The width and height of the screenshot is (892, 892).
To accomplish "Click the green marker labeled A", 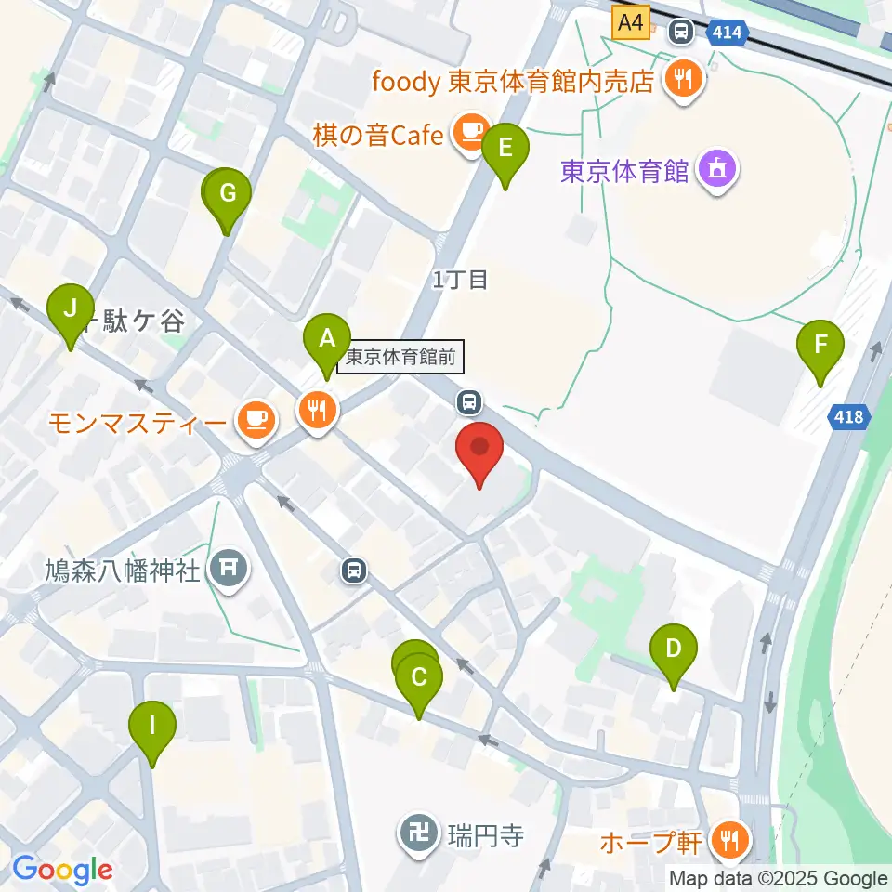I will point(327,339).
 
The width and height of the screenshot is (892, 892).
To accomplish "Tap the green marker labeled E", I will point(505,148).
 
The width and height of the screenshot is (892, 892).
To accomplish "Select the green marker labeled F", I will point(820,345).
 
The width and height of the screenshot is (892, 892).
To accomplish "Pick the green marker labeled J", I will point(71,308).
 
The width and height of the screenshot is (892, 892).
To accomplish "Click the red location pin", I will point(479,449).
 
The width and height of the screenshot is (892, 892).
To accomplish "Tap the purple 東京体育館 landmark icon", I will point(717,170).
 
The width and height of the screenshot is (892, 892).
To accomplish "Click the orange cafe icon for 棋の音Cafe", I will point(471,132).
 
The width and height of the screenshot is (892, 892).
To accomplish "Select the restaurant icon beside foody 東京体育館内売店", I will point(685,80).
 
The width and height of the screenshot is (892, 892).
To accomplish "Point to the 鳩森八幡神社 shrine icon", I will point(228,569).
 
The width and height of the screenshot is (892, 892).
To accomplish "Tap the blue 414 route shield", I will point(727,33).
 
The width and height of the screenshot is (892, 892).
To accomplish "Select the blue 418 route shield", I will point(847,418).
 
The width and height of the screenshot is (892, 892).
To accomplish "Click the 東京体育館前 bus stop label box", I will point(400,358).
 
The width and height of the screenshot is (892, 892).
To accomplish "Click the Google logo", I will point(63,871).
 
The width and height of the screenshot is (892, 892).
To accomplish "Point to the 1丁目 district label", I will point(460,279).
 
